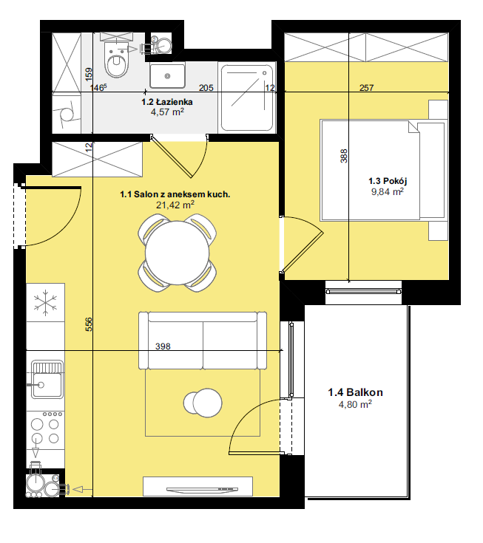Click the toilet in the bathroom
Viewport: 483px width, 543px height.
point(117,60)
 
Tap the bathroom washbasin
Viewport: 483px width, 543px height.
point(167,75)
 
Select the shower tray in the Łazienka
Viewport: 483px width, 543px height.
point(247,98)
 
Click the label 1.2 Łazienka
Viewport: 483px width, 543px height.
point(166,102)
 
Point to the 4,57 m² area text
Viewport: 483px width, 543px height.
point(167,112)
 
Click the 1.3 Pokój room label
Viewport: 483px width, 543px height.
point(388,181)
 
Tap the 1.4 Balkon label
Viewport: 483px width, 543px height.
point(355,392)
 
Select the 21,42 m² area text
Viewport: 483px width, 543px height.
point(175,205)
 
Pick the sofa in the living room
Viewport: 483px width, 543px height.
point(203,341)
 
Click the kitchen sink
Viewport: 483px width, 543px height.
point(47,380)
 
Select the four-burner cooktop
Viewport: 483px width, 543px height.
point(45,430)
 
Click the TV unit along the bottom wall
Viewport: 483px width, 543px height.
point(197,487)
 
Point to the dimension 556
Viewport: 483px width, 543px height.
point(89,324)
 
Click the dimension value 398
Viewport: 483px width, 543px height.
point(163,346)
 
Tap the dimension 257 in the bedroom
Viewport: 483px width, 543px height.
point(366,88)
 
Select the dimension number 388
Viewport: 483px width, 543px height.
point(344,156)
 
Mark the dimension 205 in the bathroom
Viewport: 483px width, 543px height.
point(206,88)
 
